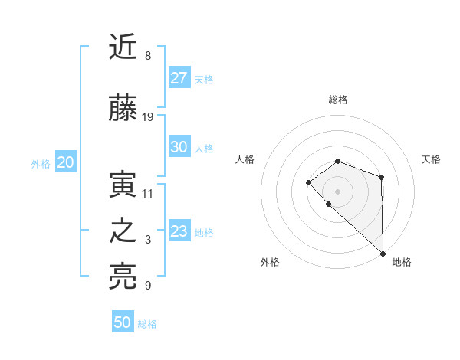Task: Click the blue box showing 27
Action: tap(179, 78)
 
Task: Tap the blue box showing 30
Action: tap(179, 148)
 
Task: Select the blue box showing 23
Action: tap(179, 231)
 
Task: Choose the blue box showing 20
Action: tap(66, 162)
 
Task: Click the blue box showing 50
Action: tap(123, 322)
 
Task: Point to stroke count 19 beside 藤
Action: tap(149, 117)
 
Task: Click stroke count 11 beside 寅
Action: tap(148, 193)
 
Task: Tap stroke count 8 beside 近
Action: tap(147, 56)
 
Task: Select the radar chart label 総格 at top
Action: tap(338, 100)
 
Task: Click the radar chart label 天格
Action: tap(432, 159)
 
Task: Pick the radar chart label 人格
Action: tap(245, 159)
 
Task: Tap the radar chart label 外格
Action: tap(270, 262)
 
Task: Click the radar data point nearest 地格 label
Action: tap(383, 253)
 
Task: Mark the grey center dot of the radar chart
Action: tap(338, 191)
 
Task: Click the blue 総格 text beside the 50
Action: tap(148, 324)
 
